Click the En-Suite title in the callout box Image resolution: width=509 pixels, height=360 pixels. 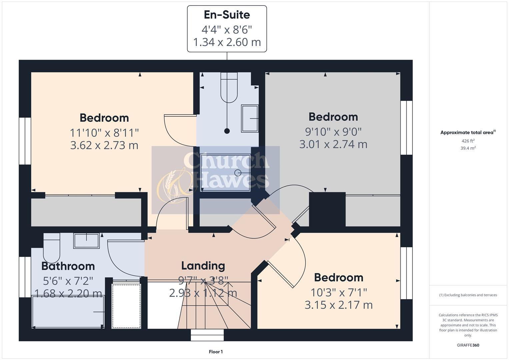point(227,15)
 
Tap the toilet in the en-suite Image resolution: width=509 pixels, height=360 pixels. point(229,87)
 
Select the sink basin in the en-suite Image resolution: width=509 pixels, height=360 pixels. point(250,118)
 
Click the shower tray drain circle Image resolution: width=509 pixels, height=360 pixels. point(238,173)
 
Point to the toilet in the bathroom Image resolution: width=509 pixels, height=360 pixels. point(52,248)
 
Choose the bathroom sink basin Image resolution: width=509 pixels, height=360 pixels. point(87,241)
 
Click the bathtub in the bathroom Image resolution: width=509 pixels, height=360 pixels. point(68,312)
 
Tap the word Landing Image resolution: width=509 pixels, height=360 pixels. point(203,266)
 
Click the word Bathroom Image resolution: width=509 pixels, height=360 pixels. point(68,266)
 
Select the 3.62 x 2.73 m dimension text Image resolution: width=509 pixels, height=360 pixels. point(104,145)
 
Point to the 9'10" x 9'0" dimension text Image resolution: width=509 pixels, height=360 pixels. point(333,132)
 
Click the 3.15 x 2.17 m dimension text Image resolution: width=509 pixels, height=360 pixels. point(339,305)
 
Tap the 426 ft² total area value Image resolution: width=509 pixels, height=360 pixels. point(468,141)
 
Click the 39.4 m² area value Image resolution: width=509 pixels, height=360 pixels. point(468,148)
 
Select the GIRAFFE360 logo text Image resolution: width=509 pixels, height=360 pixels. point(468,345)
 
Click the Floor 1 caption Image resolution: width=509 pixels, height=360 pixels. point(216,352)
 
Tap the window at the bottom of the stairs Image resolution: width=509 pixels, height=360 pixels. point(207,335)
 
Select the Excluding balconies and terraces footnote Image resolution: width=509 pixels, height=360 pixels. point(468,295)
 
